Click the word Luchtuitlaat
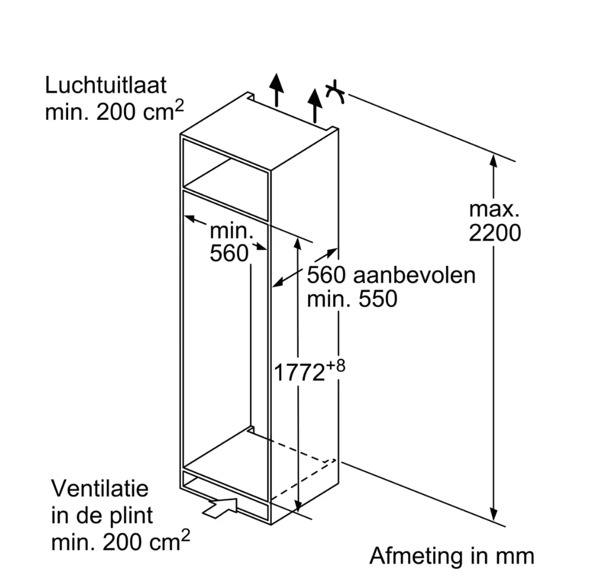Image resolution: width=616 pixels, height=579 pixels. [x=106, y=85]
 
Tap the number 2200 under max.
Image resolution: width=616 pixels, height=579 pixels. [x=495, y=233]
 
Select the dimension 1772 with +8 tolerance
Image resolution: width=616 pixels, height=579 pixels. [x=309, y=371]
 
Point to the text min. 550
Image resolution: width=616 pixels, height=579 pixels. [x=352, y=299]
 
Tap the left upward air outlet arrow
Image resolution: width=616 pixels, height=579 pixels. [x=277, y=90]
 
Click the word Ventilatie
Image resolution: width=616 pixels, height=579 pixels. [x=100, y=489]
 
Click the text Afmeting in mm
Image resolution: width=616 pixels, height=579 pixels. [x=452, y=556]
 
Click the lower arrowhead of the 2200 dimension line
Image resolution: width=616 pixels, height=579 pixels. [x=494, y=513]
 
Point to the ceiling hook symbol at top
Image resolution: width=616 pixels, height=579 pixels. [x=335, y=92]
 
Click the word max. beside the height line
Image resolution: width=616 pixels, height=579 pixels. [x=494, y=209]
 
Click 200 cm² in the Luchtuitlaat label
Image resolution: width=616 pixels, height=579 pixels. [x=140, y=111]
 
